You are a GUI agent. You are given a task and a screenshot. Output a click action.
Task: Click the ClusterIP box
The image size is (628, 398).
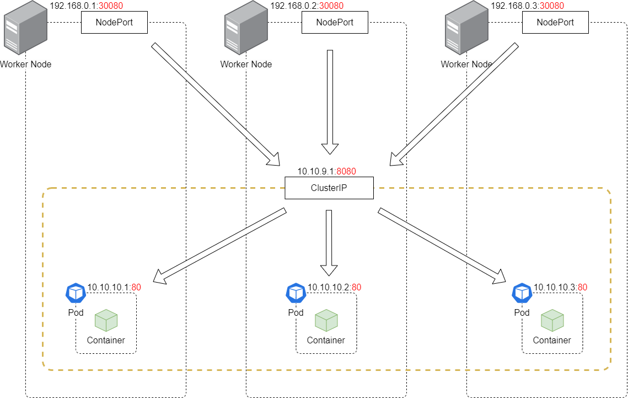[x=329, y=188]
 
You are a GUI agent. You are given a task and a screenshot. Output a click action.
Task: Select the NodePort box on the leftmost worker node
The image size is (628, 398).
[x=114, y=23]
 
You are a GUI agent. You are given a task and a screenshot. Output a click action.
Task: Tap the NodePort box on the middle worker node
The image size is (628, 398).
[x=335, y=23]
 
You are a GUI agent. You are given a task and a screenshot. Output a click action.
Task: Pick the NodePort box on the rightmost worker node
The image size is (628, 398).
[x=555, y=23]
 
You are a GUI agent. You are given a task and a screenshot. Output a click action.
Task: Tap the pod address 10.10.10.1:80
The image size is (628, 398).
[x=114, y=287]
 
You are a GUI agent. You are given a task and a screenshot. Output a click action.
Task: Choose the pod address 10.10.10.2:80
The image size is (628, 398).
[x=334, y=287]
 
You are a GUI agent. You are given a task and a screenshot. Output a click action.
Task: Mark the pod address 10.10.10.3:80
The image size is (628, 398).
[x=560, y=287]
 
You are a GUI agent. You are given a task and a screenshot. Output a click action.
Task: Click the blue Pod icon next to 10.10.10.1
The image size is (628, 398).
[x=76, y=293]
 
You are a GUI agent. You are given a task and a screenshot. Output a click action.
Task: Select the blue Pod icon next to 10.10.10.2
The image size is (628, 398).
[x=296, y=293]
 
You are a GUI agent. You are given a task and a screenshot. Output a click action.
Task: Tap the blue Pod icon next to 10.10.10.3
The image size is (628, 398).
[x=522, y=293]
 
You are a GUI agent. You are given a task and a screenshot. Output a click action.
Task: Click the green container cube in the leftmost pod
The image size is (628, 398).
[x=106, y=321]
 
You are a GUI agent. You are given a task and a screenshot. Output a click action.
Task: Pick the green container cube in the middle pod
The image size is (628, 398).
[x=326, y=321]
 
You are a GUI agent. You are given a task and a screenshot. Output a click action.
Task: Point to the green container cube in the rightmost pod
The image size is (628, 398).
[x=552, y=321]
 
